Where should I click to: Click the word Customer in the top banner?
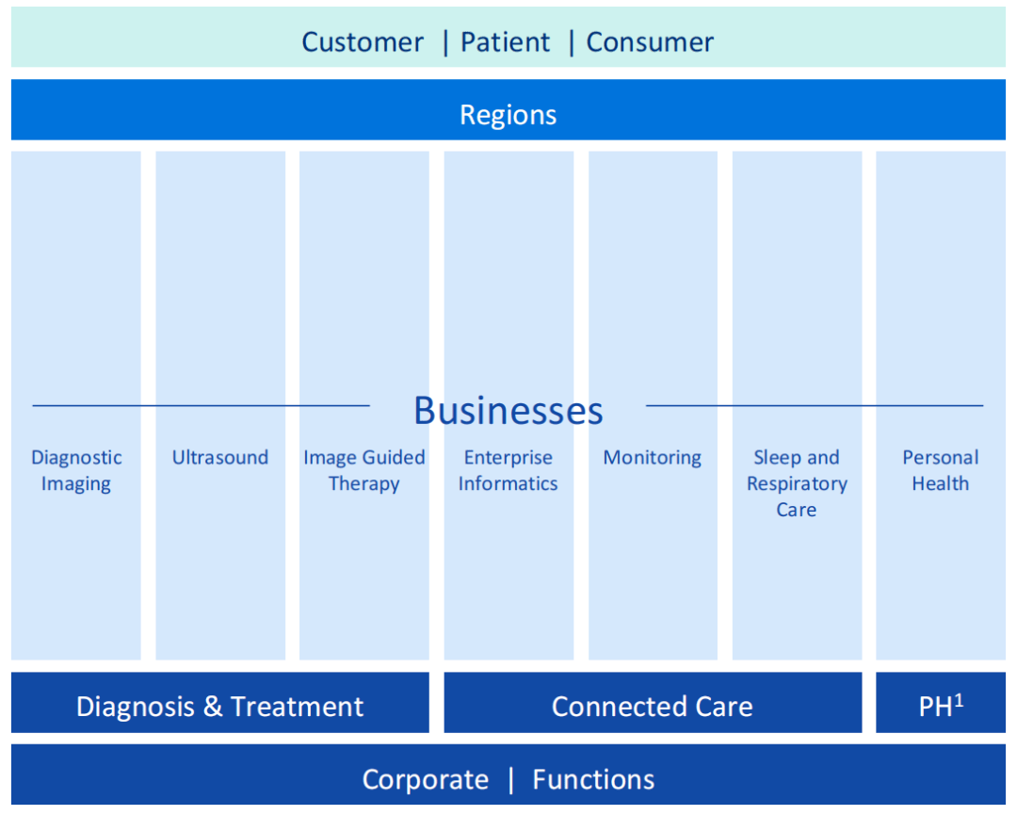click(363, 42)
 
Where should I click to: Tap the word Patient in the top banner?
click(506, 42)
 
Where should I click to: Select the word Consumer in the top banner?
click(650, 42)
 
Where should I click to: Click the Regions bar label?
click(508, 115)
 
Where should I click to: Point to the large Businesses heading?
click(508, 411)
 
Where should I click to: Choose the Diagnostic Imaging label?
click(76, 470)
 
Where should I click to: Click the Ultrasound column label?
click(220, 458)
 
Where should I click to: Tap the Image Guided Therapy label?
click(363, 470)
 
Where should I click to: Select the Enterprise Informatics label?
click(508, 470)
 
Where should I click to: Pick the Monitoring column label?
click(653, 458)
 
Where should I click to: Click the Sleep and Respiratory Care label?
click(797, 483)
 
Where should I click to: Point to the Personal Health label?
click(940, 470)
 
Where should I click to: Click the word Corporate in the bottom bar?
click(426, 780)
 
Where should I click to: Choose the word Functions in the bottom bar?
click(593, 780)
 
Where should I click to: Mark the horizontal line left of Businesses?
click(201, 406)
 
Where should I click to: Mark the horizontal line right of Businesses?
click(815, 406)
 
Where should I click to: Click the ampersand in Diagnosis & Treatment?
click(212, 707)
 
